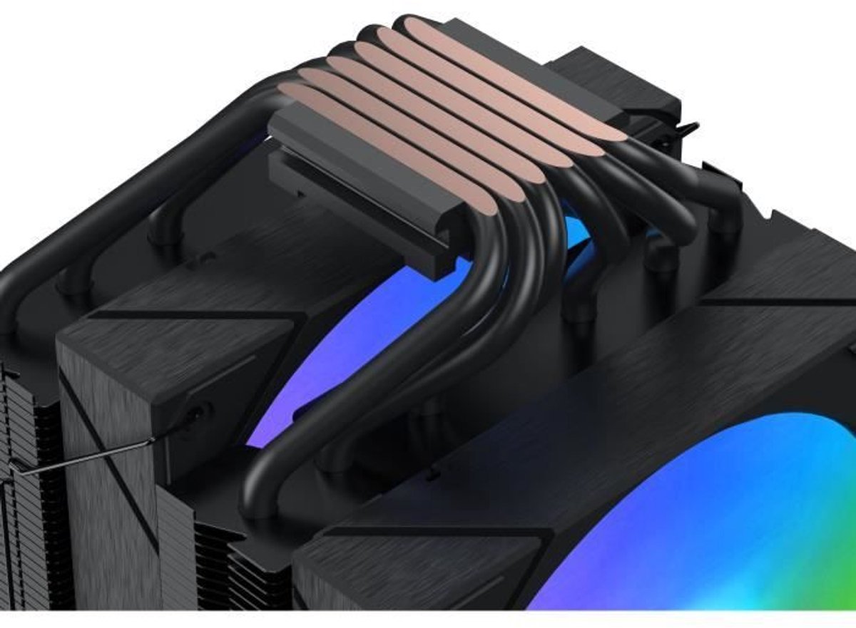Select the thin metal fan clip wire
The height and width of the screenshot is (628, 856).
pyautogui.click(x=86, y=456)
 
